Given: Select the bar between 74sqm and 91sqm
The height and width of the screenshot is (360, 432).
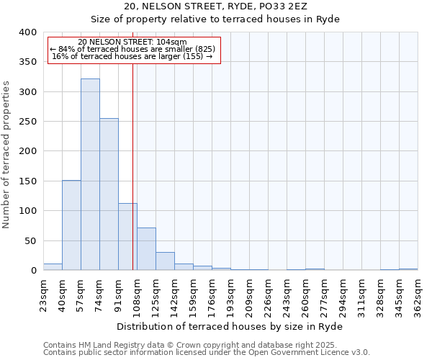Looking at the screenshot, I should pos(109,194).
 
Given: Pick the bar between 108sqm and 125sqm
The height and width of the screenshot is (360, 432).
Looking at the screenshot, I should pos(146,249).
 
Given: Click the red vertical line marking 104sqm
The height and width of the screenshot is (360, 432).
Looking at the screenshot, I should pos(133,166).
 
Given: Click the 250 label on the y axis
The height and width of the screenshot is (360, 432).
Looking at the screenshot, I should pos(27,122).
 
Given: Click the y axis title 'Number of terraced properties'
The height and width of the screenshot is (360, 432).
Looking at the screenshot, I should pos(6,154).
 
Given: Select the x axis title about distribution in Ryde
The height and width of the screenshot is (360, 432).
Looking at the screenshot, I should pos(230,326).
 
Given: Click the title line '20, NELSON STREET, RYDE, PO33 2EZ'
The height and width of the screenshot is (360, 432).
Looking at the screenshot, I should pos(215,6).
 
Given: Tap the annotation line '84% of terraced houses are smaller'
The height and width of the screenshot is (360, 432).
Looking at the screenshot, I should pos(133,49).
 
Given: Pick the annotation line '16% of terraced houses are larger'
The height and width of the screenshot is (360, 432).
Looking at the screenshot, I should pos(133,56).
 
